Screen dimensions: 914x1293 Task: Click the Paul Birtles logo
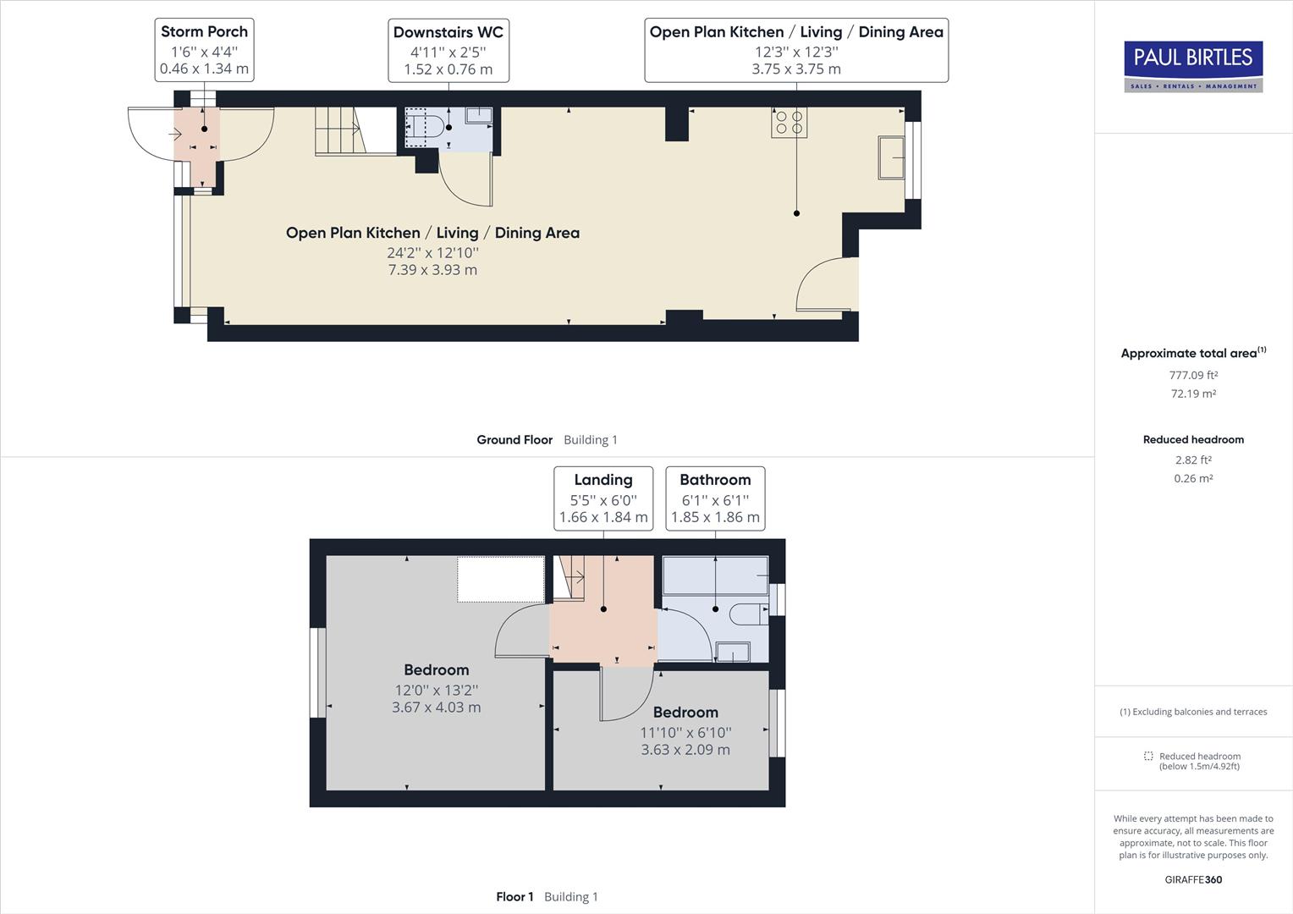(x=1193, y=66)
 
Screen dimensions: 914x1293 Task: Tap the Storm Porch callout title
(x=204, y=32)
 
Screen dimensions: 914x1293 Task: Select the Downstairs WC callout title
(x=448, y=32)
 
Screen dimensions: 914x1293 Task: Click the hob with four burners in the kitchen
(x=789, y=122)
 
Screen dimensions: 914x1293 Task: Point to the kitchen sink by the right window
(x=891, y=157)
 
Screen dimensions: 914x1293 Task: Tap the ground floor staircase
(x=338, y=130)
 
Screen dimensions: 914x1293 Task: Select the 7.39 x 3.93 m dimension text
(x=432, y=270)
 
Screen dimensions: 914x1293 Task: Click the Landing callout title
(x=602, y=480)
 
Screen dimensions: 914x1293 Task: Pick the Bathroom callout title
(x=715, y=480)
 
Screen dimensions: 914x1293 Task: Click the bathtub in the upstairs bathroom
(x=715, y=575)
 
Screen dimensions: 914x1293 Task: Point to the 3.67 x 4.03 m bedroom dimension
(x=436, y=708)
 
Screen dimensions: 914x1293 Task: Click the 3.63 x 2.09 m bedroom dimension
(x=685, y=750)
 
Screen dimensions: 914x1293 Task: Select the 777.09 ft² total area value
(x=1193, y=375)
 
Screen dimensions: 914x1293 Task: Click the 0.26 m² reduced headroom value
(x=1193, y=478)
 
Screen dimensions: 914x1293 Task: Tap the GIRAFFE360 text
(x=1193, y=879)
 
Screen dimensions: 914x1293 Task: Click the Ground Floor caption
(x=514, y=440)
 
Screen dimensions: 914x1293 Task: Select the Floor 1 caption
(x=514, y=897)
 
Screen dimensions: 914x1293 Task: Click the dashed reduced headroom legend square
(x=1148, y=756)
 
